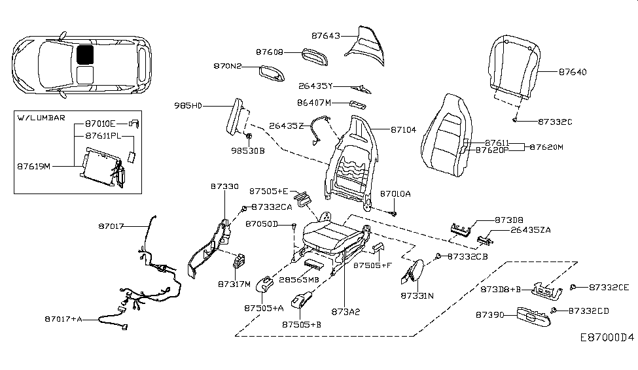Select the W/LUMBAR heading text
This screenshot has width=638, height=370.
pos(42,118)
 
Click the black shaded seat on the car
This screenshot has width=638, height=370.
pos(85,54)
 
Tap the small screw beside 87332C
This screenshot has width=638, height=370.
pos(516,120)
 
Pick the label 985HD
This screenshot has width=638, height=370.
pos(188,105)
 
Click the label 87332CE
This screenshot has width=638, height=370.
pos(609,287)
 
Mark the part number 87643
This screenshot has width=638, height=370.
pos(326,36)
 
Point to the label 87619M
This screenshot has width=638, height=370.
pos(34,166)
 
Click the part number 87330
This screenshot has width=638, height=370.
pos(226,186)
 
